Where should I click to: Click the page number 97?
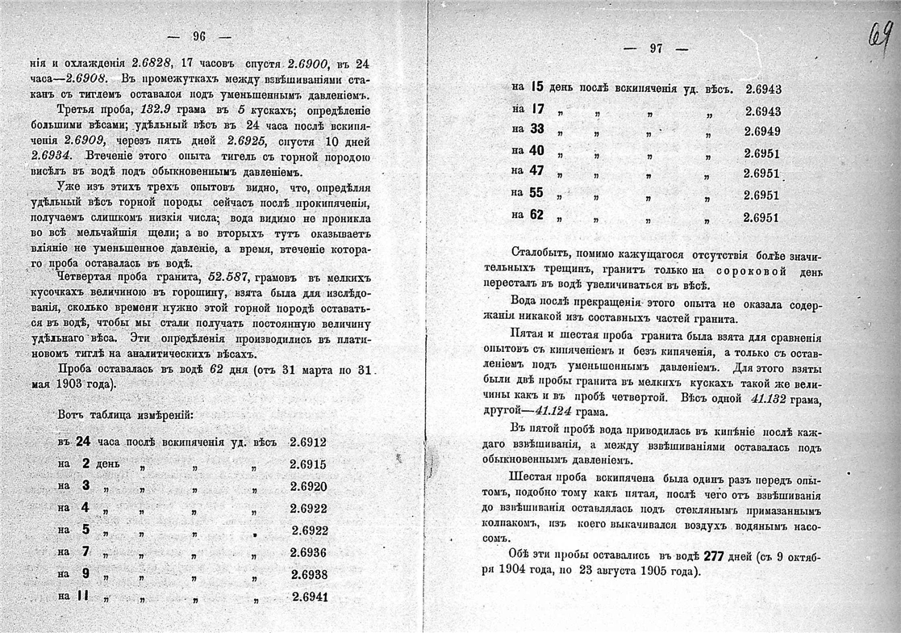(656, 48)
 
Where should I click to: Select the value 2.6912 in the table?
(308, 442)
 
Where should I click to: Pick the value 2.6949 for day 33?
(761, 131)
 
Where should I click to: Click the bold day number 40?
(536, 150)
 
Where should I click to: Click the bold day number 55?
(536, 193)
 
